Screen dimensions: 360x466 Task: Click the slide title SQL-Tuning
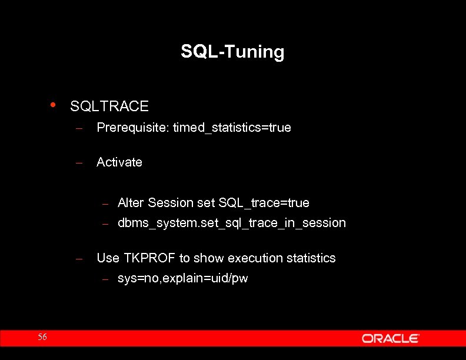click(232, 52)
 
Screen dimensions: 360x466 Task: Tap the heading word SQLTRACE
click(109, 106)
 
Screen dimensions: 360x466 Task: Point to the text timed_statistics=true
click(232, 128)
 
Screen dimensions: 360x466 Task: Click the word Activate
click(119, 162)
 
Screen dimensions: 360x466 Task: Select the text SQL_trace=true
click(264, 203)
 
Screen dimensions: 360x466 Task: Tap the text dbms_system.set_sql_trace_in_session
click(232, 223)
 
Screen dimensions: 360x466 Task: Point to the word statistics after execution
click(311, 258)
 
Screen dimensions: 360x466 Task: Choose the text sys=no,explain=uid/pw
click(183, 278)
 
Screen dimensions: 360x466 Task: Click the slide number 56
click(42, 337)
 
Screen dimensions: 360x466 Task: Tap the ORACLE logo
click(390, 338)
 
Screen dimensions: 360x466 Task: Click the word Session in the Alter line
click(171, 203)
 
